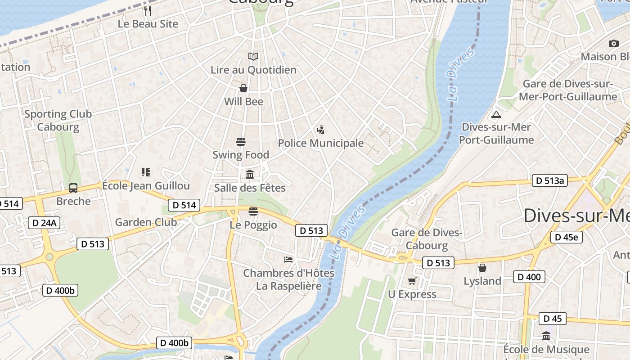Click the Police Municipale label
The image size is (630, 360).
point(320,143)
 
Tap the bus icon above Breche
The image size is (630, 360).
point(73,188)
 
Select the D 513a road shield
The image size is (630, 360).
point(549,181)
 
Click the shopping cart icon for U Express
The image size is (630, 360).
point(412,281)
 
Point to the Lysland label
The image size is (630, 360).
point(482,281)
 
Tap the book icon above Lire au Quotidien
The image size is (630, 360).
point(253,56)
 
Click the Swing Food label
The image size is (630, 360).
point(241,155)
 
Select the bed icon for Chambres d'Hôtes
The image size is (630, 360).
point(288,260)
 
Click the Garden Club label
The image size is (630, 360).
point(146,222)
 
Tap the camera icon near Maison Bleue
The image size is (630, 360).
point(613,44)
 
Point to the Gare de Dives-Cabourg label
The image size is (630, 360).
point(427,239)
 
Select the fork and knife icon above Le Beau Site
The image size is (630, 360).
point(148,10)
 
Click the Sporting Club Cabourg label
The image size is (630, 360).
point(58,121)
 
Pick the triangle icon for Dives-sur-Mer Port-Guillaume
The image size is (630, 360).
point(496,114)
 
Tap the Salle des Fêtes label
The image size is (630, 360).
point(250,188)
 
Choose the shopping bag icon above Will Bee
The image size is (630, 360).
point(243,88)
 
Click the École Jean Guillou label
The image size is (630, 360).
point(146,186)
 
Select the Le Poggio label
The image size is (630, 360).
point(253,225)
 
